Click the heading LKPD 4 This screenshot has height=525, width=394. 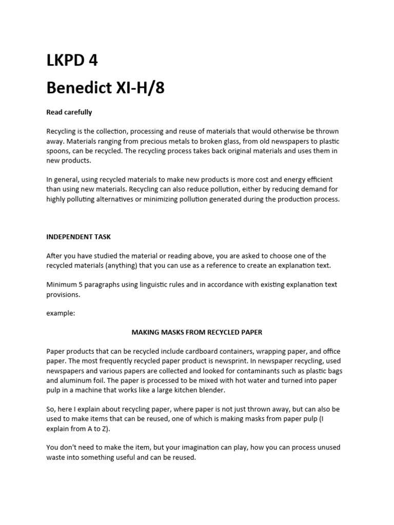[72, 60]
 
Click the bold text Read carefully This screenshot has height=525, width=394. [69, 112]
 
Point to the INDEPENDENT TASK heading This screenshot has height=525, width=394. [78, 237]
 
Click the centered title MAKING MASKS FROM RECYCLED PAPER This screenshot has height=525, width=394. [197, 332]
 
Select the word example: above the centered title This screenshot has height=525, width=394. [61, 313]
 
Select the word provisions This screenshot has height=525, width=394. [64, 294]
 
